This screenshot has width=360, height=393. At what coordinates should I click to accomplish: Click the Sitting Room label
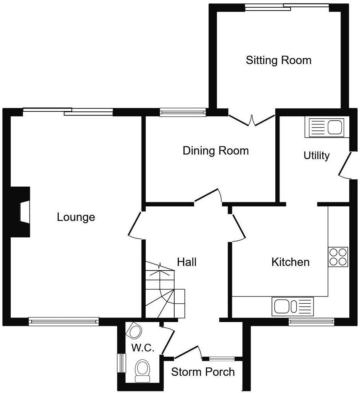[278, 60]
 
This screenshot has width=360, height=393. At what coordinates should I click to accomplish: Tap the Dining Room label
[215, 151]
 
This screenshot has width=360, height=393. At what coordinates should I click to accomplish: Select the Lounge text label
[76, 217]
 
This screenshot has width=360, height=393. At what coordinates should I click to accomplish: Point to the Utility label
[317, 156]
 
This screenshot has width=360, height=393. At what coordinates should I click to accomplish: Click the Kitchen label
[290, 262]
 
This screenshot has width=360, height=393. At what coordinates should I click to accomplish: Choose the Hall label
[187, 262]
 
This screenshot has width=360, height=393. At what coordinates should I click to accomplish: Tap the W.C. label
[143, 348]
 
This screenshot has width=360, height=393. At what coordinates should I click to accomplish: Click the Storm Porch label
[203, 372]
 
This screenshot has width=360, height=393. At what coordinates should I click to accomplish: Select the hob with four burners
[338, 257]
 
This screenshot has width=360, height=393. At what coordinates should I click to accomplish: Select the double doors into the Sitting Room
[251, 120]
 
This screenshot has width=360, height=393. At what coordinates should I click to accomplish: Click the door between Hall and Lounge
[135, 225]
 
